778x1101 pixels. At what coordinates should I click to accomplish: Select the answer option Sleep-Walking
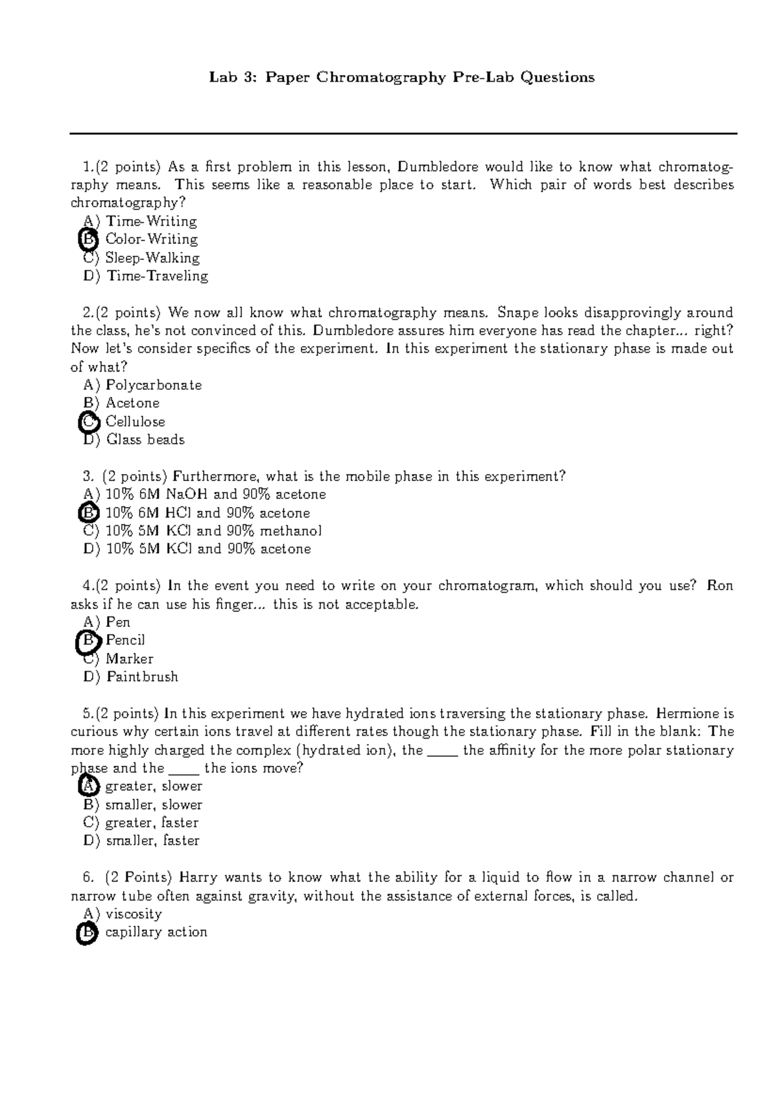(x=152, y=258)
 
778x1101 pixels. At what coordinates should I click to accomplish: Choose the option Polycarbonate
(x=154, y=385)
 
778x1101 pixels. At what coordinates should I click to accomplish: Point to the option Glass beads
(x=145, y=440)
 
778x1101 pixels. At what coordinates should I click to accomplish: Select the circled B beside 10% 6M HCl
(x=88, y=513)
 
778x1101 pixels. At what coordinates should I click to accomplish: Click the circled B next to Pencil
(x=88, y=641)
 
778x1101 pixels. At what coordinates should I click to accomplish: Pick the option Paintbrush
(x=142, y=677)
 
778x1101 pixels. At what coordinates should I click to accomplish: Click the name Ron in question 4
(x=720, y=586)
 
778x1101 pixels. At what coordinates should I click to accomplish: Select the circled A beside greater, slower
(x=88, y=787)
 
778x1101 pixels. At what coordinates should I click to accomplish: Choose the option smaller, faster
(x=152, y=841)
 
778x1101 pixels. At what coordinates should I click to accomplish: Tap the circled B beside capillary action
(x=87, y=933)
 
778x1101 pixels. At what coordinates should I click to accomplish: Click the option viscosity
(x=133, y=914)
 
